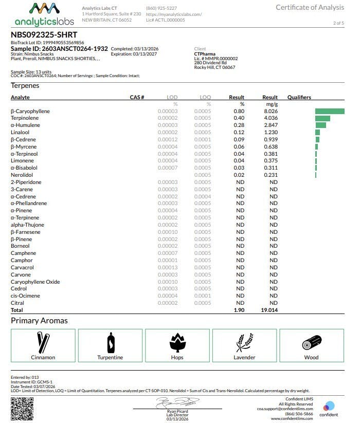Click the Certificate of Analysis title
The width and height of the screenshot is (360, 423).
tap(310, 7)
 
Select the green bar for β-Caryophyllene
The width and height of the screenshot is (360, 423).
tap(330, 111)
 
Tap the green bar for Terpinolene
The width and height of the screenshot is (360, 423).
tap(322, 118)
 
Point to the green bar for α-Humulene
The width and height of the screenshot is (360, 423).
tap(320, 125)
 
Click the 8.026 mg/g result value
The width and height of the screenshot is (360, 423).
tap(270, 111)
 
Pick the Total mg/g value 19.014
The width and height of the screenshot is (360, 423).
tap(269, 310)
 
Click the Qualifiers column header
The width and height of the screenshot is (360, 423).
tap(299, 97)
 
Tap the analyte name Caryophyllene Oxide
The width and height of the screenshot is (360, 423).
tap(35, 282)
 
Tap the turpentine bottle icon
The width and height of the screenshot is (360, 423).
tap(110, 342)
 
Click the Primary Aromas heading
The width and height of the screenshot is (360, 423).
tap(39, 321)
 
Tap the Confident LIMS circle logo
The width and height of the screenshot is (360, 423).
tap(329, 406)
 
